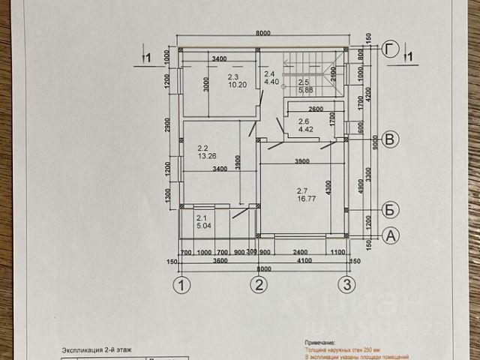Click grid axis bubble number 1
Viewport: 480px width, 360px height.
180,285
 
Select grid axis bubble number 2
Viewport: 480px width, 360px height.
259,285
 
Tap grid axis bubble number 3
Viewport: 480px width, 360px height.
346,285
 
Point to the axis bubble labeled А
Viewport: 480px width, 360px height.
390,235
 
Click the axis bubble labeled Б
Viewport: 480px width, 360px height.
390,209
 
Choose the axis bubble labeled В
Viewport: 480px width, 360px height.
390,138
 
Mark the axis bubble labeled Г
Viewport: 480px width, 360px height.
389,49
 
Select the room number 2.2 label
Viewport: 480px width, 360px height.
202,148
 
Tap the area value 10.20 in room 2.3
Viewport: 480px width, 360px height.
237,85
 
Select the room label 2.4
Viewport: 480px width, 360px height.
270,73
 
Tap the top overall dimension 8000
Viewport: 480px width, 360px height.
262,33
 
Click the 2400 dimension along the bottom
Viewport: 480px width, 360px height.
299,252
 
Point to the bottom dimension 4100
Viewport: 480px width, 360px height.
303,261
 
